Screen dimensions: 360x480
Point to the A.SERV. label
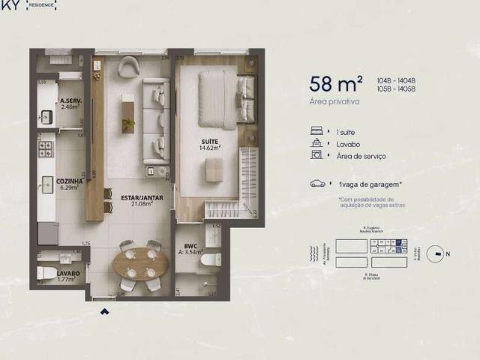coord(70,101)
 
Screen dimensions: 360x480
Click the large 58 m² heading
coord(336,82)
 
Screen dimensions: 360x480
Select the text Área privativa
coord(334,100)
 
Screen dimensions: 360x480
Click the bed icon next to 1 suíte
coord(316,130)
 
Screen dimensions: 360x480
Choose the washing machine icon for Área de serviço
coord(316,155)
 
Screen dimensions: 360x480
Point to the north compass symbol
coord(433,253)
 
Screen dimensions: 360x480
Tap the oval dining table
coord(141,264)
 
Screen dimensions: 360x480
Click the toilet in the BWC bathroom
coord(211,260)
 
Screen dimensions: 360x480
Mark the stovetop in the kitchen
coord(47,148)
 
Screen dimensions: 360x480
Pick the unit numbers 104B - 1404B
coord(397,79)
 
